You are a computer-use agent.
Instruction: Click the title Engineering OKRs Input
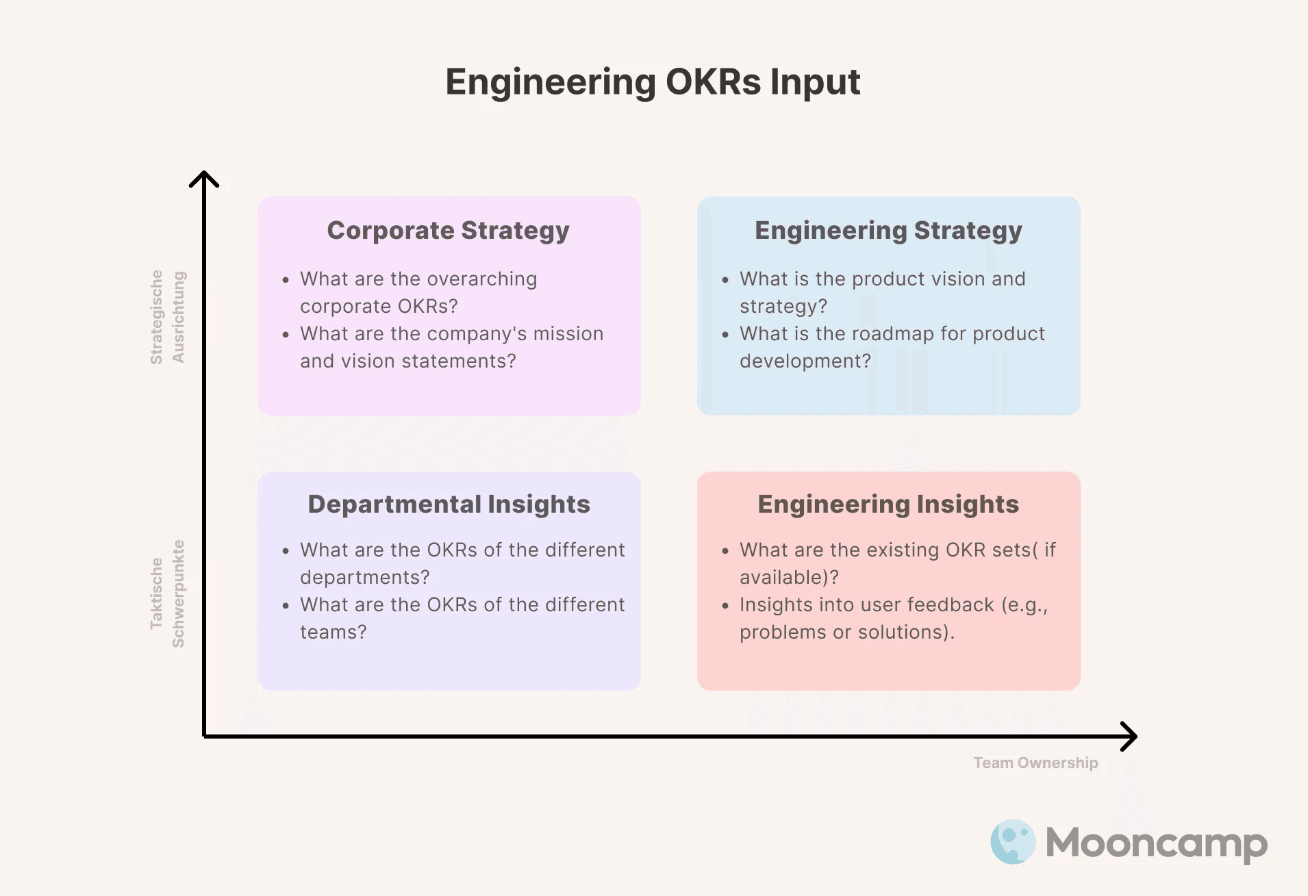pos(653,82)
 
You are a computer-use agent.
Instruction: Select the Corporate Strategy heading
pos(448,231)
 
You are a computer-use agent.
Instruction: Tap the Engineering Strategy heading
pos(888,231)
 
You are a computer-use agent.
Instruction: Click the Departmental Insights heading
pos(449,504)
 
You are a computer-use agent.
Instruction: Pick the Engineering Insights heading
pos(888,504)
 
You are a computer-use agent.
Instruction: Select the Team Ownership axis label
pos(1035,763)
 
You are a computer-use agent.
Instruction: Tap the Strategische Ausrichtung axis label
pos(167,317)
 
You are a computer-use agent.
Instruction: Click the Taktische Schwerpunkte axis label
pos(167,593)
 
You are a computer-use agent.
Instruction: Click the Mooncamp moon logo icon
pos(1013,842)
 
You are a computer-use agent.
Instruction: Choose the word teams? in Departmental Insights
pos(334,632)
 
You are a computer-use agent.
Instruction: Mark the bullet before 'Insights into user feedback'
pos(725,606)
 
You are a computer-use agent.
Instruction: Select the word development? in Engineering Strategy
pos(805,361)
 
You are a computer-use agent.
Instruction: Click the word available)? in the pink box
pos(789,578)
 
